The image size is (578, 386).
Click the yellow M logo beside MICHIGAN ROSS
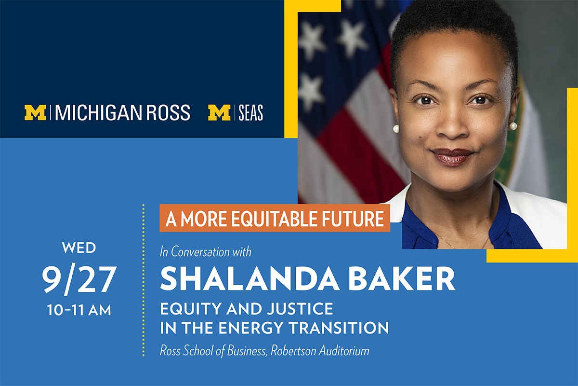(x=35, y=112)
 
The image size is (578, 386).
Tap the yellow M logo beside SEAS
(x=219, y=112)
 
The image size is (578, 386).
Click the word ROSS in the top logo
(x=168, y=113)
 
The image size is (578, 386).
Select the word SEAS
(x=250, y=113)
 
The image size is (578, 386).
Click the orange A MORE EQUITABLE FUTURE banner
(x=275, y=218)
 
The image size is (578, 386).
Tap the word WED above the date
(x=79, y=248)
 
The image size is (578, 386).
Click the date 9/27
(x=79, y=280)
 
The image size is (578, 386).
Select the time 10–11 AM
(x=79, y=310)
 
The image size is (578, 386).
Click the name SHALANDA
(x=250, y=279)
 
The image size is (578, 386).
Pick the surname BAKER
(x=402, y=279)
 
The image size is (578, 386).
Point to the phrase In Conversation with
(x=205, y=251)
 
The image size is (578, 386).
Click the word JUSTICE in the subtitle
(x=300, y=309)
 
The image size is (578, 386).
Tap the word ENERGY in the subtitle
(x=251, y=328)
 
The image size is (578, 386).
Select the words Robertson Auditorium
(x=320, y=351)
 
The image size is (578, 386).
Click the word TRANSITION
(x=339, y=328)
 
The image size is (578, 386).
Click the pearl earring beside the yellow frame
(x=513, y=126)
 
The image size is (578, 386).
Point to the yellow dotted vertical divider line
(x=143, y=280)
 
